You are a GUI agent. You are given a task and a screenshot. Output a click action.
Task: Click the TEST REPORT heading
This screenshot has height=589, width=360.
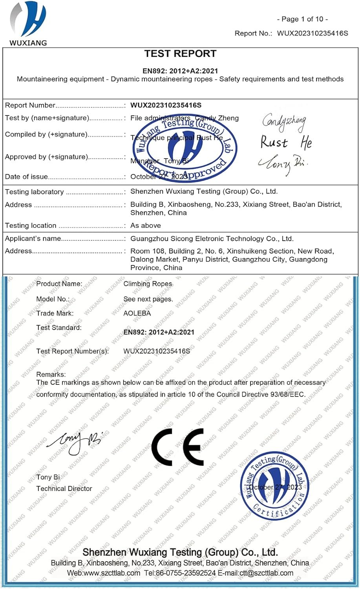click(180, 54)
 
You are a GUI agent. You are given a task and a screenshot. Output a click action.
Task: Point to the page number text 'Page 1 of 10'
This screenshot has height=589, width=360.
click(302, 19)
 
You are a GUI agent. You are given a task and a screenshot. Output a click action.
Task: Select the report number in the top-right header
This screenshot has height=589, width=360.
click(312, 33)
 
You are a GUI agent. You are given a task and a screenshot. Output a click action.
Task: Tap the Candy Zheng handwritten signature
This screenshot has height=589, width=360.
click(284, 122)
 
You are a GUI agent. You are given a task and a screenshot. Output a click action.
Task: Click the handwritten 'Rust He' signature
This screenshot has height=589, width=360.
click(286, 143)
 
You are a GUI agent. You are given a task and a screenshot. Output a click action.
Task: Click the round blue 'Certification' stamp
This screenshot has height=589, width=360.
click(274, 485)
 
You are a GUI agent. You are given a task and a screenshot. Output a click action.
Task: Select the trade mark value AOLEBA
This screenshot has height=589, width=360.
click(137, 313)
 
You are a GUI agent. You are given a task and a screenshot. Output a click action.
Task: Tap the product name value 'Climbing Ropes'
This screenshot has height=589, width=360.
click(148, 284)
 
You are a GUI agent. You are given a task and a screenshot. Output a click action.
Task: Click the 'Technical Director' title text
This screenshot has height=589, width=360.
click(64, 488)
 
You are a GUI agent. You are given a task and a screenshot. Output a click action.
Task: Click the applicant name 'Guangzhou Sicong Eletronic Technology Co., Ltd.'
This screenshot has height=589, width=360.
click(212, 239)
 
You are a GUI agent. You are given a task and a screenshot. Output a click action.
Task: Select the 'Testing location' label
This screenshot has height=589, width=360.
click(31, 225)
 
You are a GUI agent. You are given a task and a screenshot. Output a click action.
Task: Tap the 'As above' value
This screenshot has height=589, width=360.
click(146, 225)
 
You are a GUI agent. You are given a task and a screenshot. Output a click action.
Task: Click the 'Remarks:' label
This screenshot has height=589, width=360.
click(51, 374)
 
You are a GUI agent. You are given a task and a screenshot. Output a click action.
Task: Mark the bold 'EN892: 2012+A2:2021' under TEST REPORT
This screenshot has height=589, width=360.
click(180, 71)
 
